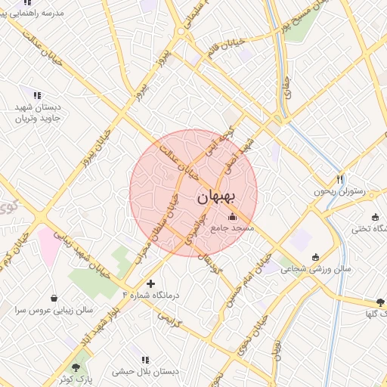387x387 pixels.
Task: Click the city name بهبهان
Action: point(217,197)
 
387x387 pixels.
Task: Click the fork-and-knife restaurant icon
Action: point(340,179)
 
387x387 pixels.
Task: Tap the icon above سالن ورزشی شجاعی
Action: point(326,256)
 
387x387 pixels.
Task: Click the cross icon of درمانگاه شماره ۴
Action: point(151,284)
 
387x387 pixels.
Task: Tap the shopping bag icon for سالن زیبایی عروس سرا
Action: point(54,297)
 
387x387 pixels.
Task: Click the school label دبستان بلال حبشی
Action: point(145,372)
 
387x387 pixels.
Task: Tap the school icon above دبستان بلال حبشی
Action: point(145,360)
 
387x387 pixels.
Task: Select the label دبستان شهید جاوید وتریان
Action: point(42,113)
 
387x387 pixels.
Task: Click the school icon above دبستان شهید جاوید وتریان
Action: point(36,95)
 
